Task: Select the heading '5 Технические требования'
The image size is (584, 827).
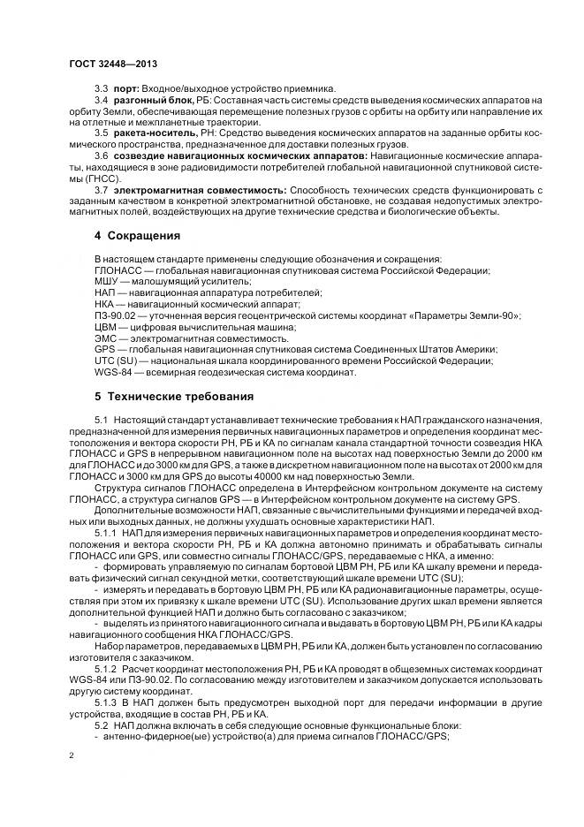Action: [174, 396]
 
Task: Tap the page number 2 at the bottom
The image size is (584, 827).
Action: [71, 756]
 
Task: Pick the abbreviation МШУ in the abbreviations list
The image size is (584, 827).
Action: [107, 281]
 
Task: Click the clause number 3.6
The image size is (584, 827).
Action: [100, 155]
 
